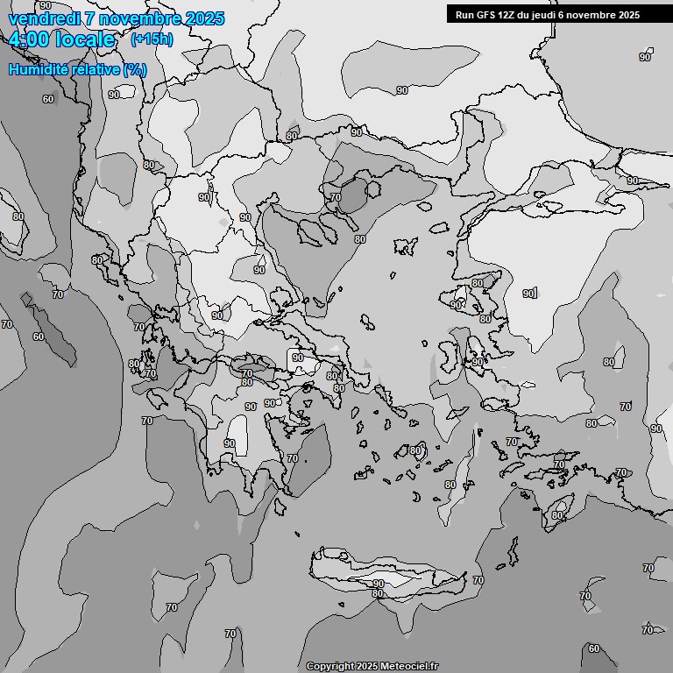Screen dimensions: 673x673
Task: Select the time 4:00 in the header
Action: click(x=26, y=39)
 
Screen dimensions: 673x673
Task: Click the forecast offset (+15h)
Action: click(x=152, y=39)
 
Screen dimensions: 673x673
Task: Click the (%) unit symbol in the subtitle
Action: click(x=135, y=69)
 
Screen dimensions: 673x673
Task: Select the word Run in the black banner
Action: click(x=464, y=15)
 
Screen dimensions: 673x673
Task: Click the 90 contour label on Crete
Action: click(x=378, y=584)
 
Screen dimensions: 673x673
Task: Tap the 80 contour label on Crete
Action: click(x=377, y=593)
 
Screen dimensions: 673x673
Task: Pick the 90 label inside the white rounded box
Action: click(x=298, y=358)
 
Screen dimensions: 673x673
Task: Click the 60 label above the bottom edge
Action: click(x=594, y=648)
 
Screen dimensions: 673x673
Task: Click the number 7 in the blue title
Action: click(x=90, y=18)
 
